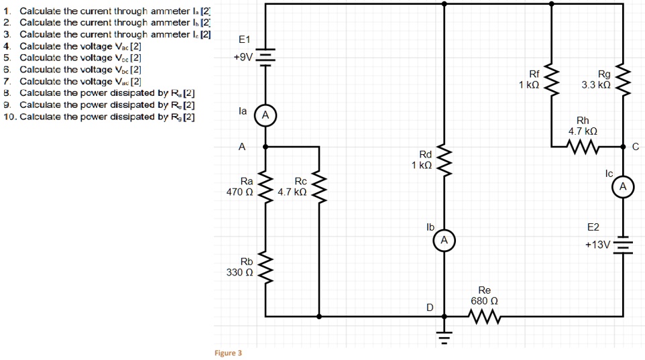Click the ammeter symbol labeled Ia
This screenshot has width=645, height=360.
266,115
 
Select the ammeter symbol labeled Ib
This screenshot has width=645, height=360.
443,239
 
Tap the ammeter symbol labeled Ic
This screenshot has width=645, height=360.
623,187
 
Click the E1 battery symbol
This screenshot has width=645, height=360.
266,57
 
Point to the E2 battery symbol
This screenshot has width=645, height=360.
623,245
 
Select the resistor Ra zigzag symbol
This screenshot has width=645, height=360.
266,186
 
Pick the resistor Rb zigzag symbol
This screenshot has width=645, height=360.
266,267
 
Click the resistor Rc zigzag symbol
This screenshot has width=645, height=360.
318,186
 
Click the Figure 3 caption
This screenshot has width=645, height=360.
228,353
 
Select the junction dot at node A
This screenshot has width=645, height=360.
266,145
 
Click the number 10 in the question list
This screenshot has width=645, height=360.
9,117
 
